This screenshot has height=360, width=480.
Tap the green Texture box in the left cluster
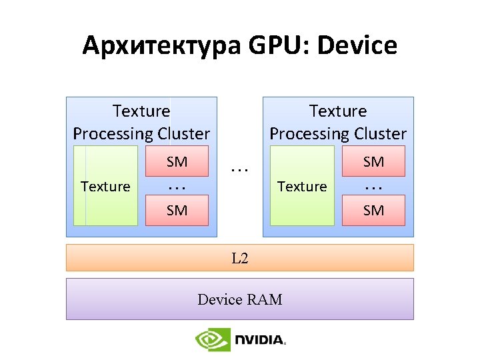pyautogui.click(x=105, y=186)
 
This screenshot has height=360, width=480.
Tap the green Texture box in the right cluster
pyautogui.click(x=302, y=186)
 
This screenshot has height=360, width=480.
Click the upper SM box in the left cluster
pyautogui.click(x=177, y=161)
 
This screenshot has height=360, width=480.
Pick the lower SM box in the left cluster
pyautogui.click(x=177, y=211)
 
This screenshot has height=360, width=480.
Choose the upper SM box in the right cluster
pyautogui.click(x=373, y=161)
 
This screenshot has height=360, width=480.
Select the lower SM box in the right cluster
pyautogui.click(x=373, y=211)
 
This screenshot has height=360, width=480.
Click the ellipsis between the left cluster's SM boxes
pyautogui.click(x=177, y=187)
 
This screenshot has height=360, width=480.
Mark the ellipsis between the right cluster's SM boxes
pyautogui.click(x=373, y=187)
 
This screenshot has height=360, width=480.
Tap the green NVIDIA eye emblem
pyautogui.click(x=213, y=340)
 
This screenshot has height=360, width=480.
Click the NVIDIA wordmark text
pyautogui.click(x=259, y=341)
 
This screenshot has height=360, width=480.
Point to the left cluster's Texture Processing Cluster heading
pyautogui.click(x=141, y=122)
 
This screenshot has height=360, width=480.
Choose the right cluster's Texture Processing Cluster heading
pyautogui.click(x=338, y=122)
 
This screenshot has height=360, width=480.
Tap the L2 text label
pyautogui.click(x=240, y=258)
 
